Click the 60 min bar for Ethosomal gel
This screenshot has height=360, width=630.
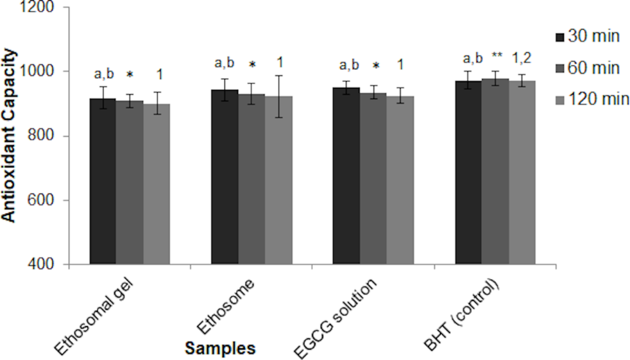click(x=130, y=183)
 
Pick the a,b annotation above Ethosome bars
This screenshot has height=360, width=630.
click(x=225, y=63)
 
